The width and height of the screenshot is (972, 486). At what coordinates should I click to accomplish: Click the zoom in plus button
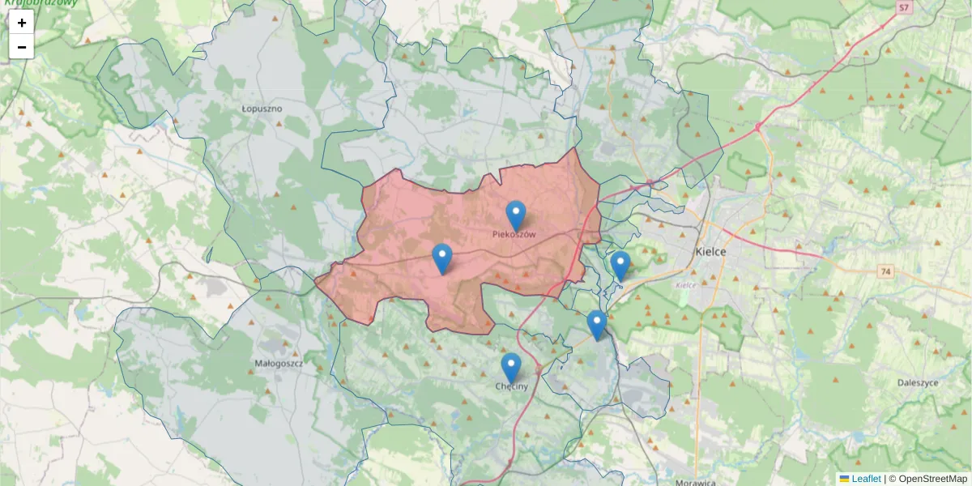click(22, 23)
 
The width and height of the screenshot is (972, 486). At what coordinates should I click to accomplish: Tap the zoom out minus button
click(22, 47)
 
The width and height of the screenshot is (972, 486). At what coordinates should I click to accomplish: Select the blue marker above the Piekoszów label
click(515, 215)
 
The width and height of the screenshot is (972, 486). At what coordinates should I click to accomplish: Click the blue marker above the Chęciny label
click(510, 367)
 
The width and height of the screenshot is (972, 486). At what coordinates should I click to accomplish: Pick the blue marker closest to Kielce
click(620, 266)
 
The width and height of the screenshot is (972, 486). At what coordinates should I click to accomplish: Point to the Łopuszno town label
click(262, 108)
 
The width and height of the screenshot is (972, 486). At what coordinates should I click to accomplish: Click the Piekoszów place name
click(514, 234)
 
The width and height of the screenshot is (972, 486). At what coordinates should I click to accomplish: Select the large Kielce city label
click(710, 252)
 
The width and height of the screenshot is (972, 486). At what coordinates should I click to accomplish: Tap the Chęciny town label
click(511, 386)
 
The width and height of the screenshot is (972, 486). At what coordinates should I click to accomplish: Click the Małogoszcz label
click(278, 364)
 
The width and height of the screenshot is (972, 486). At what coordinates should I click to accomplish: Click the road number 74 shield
click(887, 271)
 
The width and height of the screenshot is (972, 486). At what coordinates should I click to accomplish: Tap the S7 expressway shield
click(905, 8)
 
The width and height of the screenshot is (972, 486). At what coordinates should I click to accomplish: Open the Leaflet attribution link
click(865, 479)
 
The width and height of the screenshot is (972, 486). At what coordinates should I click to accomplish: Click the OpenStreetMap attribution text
click(932, 479)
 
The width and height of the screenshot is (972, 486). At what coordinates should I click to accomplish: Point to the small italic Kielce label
click(685, 285)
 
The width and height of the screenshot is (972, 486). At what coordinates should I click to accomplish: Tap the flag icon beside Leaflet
click(844, 479)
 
